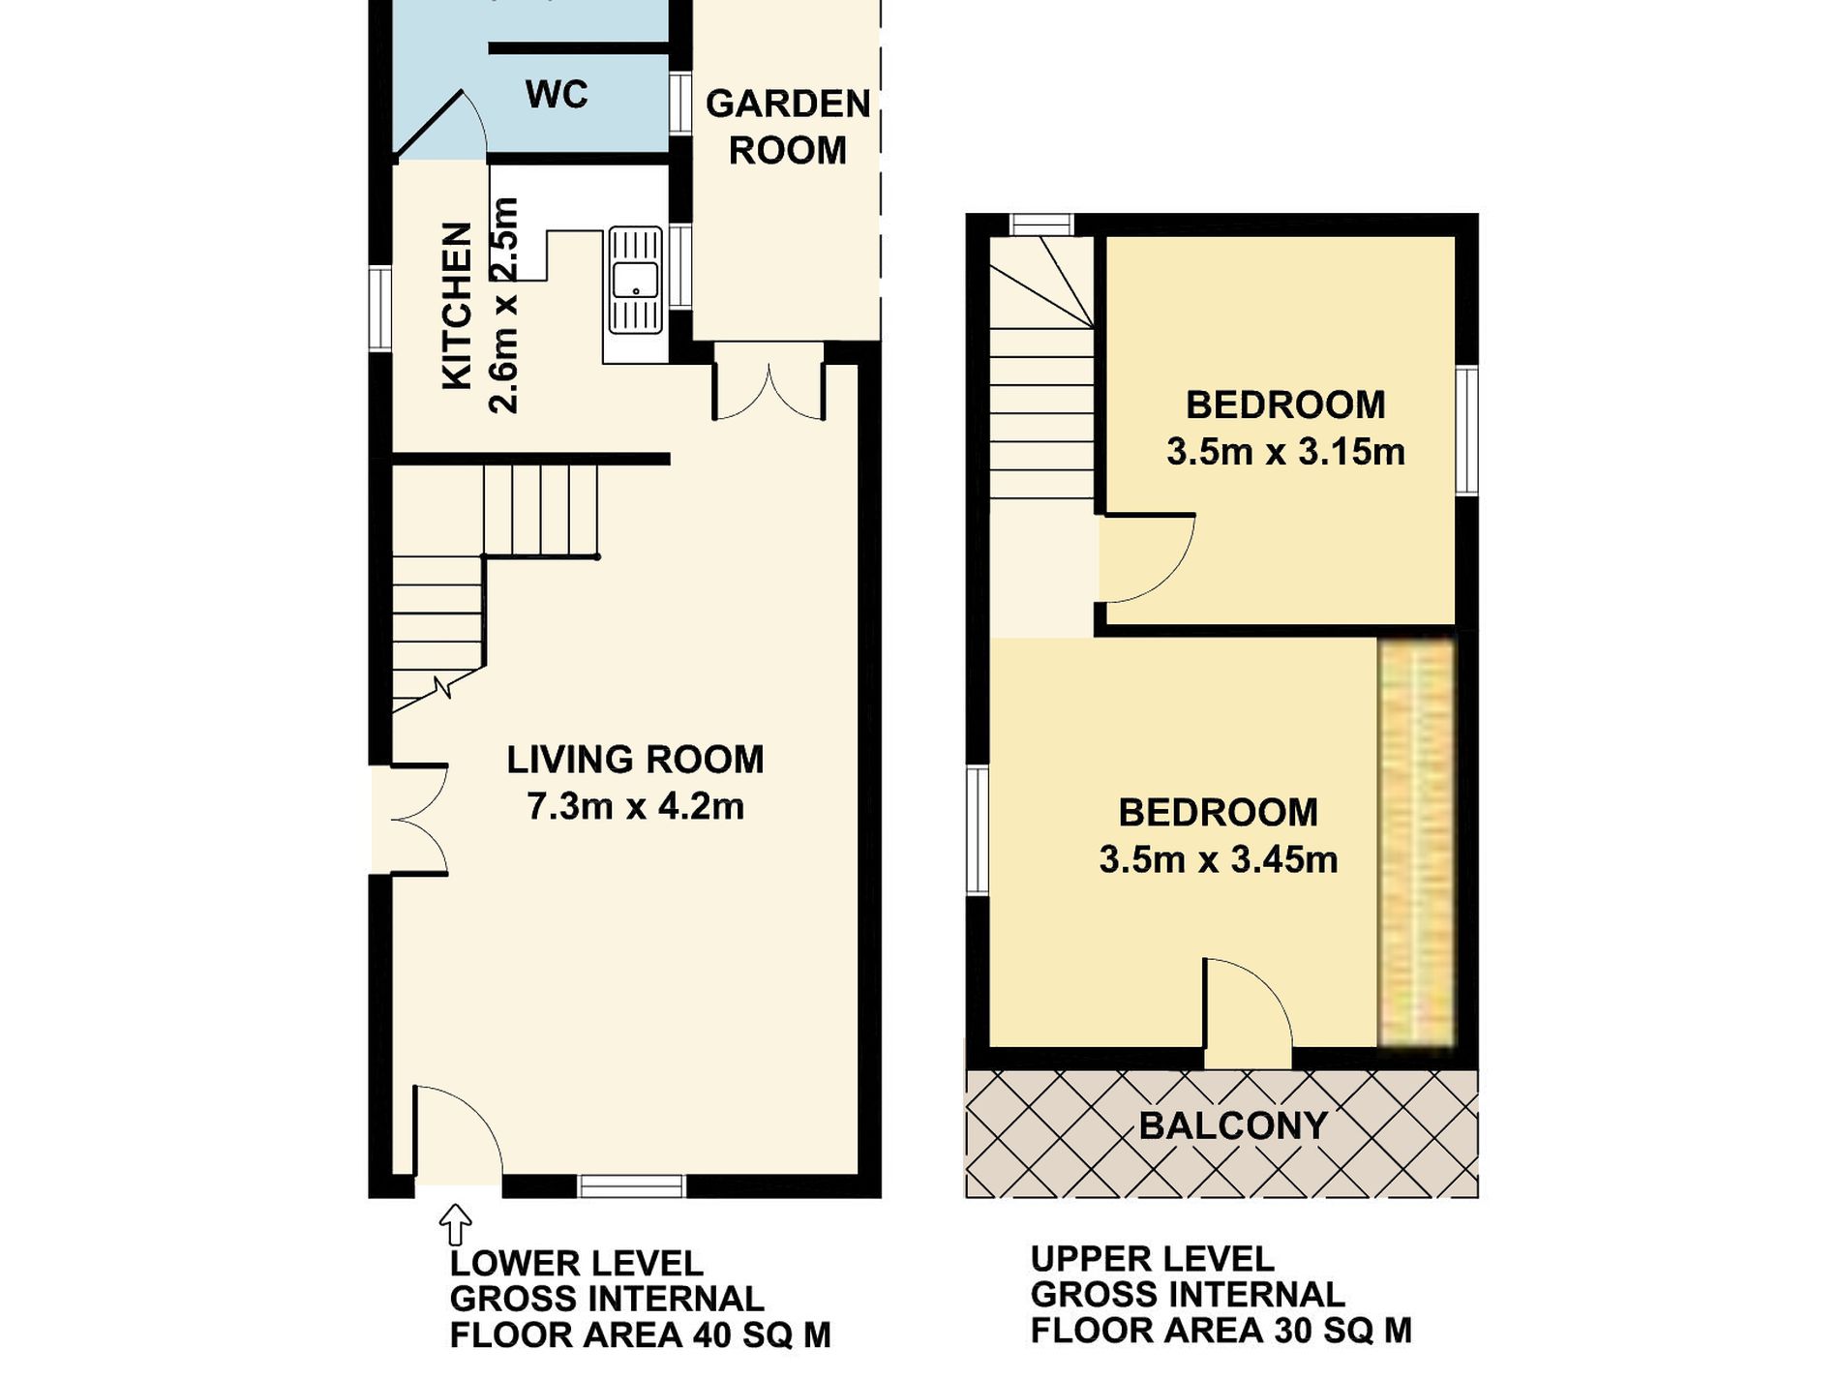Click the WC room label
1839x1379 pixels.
557,95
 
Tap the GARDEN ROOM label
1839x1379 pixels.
788,127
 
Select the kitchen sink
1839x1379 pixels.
635,281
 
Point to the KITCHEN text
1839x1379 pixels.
457,307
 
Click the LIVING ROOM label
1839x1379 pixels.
635,760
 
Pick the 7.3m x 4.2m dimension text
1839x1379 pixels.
635,806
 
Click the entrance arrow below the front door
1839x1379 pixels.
455,1224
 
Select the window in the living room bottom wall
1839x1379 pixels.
632,1186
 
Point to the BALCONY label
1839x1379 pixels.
1232,1125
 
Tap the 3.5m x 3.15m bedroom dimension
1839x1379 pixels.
1285,452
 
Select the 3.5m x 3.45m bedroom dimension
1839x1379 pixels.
1219,859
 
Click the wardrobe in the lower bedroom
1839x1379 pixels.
1416,842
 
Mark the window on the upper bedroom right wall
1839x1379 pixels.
1467,430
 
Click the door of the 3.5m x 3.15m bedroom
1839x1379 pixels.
1147,557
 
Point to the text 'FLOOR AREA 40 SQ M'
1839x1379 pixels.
641,1335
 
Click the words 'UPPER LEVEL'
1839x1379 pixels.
1153,1259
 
